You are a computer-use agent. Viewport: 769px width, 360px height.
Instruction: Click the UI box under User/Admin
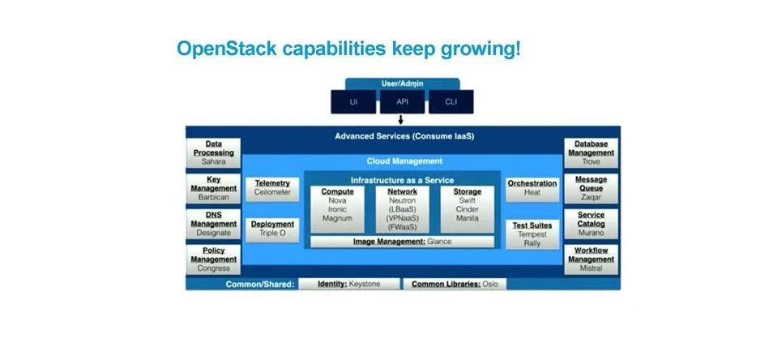353,102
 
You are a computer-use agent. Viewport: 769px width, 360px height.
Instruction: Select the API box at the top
403,102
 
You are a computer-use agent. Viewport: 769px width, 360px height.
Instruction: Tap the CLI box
451,102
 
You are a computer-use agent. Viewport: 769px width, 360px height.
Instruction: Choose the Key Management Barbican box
213,188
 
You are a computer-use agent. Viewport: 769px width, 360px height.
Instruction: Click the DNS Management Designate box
213,224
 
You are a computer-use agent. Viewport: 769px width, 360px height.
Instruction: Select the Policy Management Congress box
213,259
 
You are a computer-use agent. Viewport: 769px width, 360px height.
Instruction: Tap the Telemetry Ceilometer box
272,188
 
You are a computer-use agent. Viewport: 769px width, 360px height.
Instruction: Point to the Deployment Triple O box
272,229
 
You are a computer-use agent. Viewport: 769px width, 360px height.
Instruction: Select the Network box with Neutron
402,209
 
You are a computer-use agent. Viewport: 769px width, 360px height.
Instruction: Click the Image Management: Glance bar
402,242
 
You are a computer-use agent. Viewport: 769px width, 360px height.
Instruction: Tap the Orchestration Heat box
532,188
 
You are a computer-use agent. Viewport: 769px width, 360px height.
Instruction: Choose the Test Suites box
532,234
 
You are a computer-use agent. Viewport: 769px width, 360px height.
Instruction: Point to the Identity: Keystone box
350,285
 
